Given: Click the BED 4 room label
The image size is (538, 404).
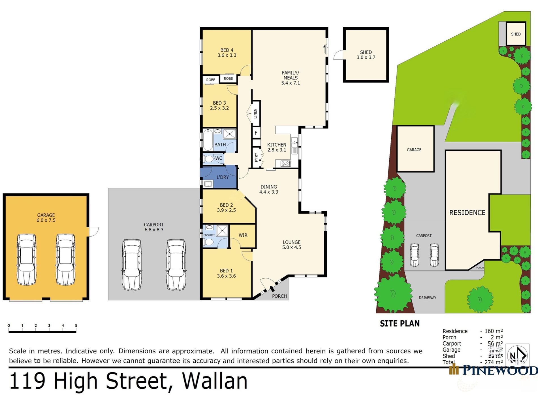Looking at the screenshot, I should coord(227,50).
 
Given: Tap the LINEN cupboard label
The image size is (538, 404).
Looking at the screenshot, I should coord(255,114).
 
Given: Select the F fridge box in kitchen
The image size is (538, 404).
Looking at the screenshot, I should coord(256,133).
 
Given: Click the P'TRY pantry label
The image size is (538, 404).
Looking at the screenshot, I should coord(256,157).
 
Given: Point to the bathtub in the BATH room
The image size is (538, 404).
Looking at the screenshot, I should coord(208,140).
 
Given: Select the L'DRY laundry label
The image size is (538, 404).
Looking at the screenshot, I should coord(223,177).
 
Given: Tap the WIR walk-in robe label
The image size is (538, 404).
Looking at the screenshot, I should coord(243,235).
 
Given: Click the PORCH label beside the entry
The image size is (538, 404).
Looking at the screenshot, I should coord(279,296).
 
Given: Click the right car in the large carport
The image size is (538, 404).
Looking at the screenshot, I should coord(176,265).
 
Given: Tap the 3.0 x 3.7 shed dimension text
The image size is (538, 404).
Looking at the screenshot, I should coord(366,58).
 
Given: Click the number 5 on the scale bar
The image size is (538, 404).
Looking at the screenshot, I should coord(76,325).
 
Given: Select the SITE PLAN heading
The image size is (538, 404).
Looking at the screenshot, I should coord(400,323).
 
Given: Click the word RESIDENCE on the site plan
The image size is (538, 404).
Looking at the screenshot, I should coord(467,213).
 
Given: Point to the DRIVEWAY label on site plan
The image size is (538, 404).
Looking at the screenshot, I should coord(427,298).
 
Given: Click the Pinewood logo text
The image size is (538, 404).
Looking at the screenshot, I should coord(500,370).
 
